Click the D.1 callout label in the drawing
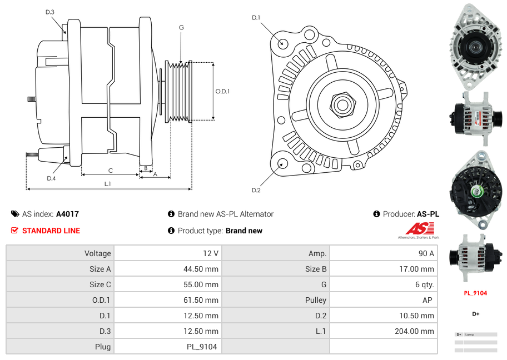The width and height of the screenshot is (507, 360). point(256,18)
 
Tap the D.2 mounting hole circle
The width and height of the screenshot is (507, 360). point(282,163)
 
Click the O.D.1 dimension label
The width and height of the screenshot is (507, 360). point(222,92)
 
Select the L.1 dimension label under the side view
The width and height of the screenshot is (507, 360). point(108,183)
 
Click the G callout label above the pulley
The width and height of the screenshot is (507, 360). point(181,28)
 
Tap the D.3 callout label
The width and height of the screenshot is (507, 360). point(50,12)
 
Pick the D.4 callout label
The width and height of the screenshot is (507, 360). point(51,178)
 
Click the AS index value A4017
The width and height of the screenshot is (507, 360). point(67,214)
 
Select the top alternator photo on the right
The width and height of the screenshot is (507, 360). point(475,47)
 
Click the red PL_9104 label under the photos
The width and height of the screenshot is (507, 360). point(475,293)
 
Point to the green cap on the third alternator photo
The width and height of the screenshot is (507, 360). point(476,192)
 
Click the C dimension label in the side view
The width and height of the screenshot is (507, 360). point(111,171)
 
